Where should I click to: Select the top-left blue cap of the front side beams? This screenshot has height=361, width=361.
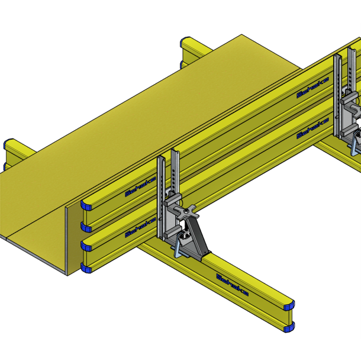pyautogui.click(x=86, y=205)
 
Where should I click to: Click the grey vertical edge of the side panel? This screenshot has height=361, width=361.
pyautogui.click(x=68, y=237)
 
